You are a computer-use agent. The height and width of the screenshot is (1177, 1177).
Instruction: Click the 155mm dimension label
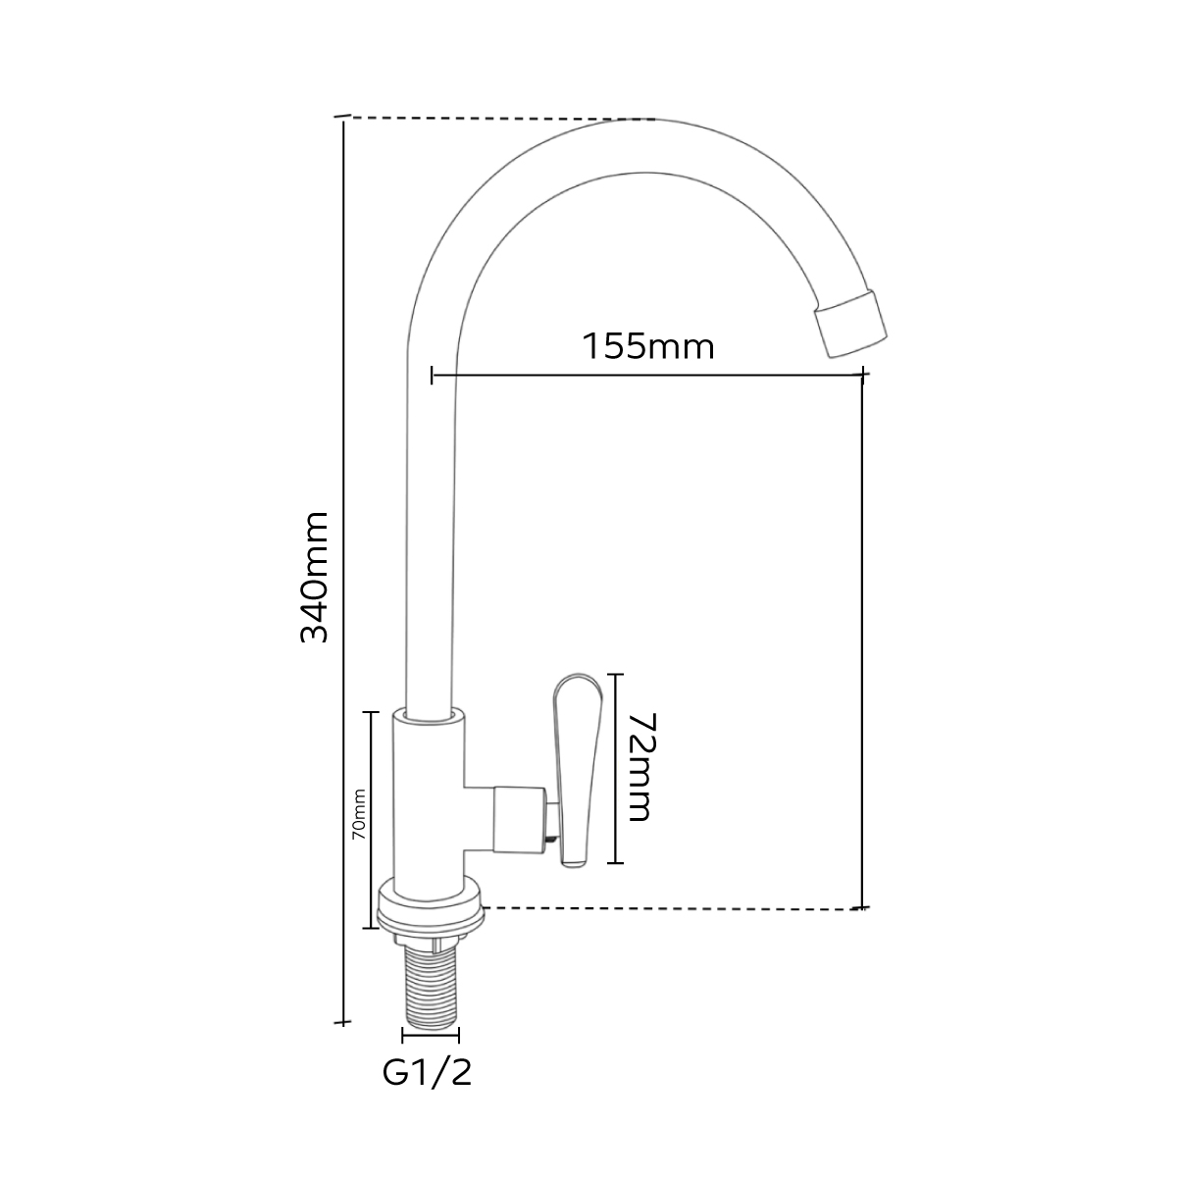pyautogui.click(x=648, y=346)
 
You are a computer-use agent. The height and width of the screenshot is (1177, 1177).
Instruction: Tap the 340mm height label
pyautogui.click(x=315, y=577)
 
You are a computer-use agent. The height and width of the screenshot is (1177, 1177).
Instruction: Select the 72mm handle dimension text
pyautogui.click(x=640, y=767)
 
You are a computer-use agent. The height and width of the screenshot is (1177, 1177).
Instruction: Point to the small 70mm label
pyautogui.click(x=360, y=814)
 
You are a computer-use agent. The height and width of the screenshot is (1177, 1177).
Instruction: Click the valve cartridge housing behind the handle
pyautogui.click(x=519, y=820)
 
